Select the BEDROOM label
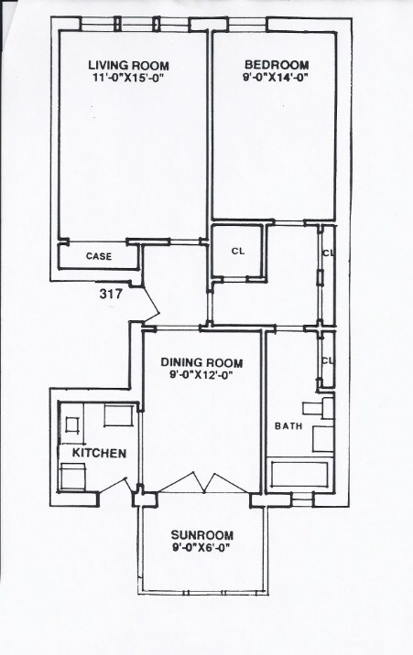[276, 65]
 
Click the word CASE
[99, 256]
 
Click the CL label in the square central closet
[238, 250]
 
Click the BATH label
[288, 426]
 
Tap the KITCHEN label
[93, 454]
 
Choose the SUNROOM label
[202, 535]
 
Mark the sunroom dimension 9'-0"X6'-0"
[202, 549]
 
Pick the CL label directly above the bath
[328, 360]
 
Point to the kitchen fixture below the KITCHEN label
[73, 477]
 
